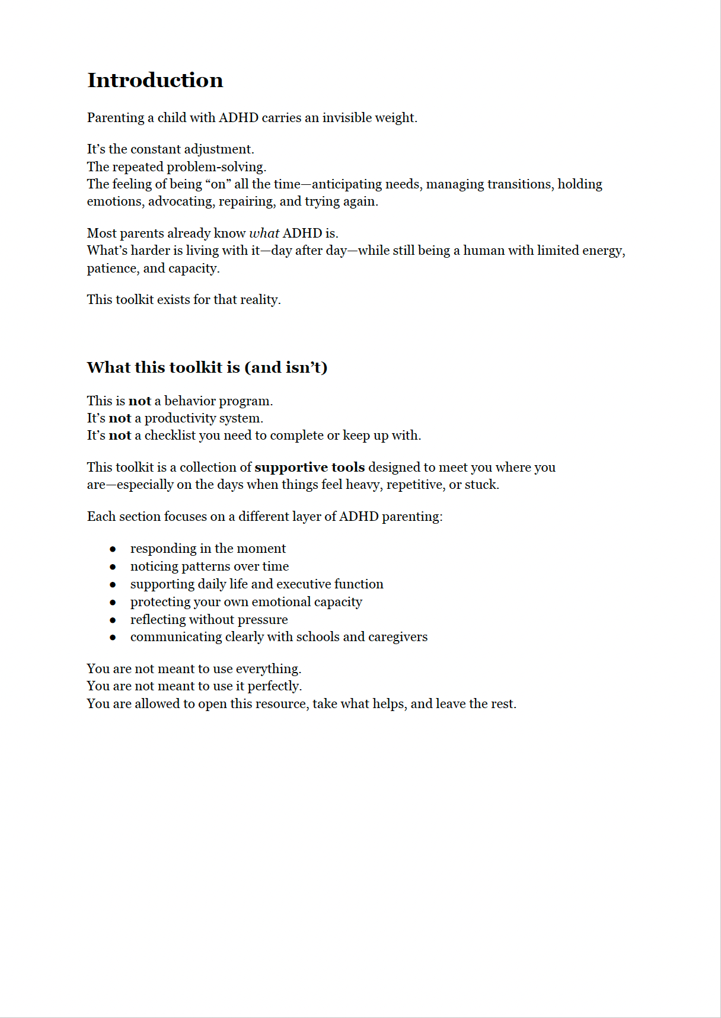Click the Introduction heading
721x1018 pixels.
(x=155, y=80)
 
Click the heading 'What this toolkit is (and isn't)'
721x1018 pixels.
(x=207, y=367)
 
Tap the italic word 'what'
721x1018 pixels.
(x=264, y=233)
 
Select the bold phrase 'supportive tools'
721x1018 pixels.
(x=310, y=467)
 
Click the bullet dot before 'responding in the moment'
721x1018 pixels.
(x=113, y=549)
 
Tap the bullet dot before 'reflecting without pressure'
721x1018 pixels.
(x=113, y=620)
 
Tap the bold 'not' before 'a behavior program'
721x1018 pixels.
(x=140, y=401)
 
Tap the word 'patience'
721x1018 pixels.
(x=113, y=268)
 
